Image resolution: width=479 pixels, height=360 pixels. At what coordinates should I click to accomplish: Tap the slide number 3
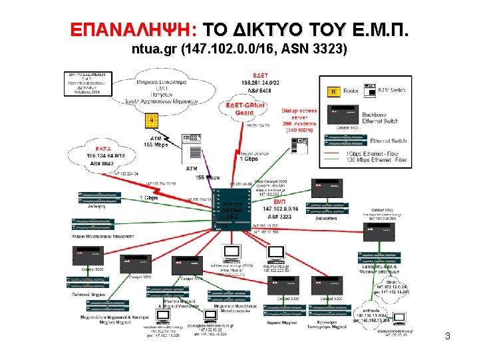tap(448, 337)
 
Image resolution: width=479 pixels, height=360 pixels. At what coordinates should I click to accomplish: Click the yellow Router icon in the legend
tap(334, 91)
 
